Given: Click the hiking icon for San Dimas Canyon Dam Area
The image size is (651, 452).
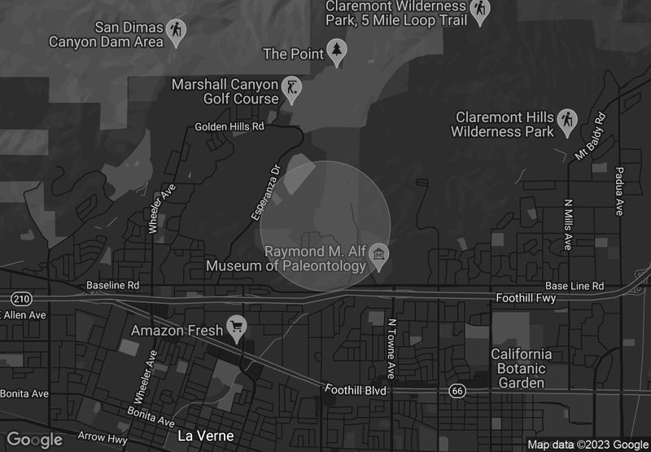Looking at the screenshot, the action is coord(175,31).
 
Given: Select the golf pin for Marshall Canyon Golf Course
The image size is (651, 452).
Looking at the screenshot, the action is coord(292,88).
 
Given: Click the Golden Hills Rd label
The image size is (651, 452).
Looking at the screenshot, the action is coord(230,127).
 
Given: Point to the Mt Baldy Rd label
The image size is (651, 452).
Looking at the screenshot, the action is coord(590,135).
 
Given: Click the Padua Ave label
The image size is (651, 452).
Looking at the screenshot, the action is coord(619,195).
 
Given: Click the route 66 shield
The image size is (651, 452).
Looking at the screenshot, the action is coord(457,392).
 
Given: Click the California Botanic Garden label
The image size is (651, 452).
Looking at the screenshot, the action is coord(521,368).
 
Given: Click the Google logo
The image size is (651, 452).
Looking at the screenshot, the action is coord(35,440).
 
